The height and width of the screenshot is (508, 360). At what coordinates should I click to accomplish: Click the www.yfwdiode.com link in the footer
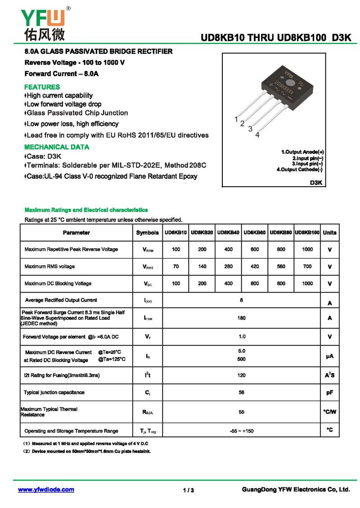[46, 490]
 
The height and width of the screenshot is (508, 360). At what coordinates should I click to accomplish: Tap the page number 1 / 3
[189, 490]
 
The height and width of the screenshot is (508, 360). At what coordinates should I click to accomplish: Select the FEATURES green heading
[42, 87]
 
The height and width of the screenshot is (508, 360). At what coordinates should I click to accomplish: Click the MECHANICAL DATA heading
[57, 147]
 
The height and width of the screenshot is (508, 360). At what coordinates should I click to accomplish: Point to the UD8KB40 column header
[228, 233]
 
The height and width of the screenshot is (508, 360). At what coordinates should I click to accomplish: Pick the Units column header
[329, 233]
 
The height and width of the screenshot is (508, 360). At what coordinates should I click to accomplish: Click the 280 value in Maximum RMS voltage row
[228, 267]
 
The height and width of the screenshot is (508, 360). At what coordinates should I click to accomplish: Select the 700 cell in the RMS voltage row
[307, 267]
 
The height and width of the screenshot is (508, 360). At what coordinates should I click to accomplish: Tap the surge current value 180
[242, 318]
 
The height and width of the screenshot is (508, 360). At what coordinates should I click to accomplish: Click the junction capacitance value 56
[242, 392]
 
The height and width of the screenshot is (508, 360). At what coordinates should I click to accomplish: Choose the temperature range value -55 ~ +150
[242, 431]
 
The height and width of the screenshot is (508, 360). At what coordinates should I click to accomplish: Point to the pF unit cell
[329, 392]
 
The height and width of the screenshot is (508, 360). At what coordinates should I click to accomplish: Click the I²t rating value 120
[242, 374]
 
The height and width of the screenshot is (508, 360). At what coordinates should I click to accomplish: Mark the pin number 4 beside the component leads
[257, 135]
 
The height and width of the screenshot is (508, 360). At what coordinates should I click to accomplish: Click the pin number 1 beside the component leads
[236, 119]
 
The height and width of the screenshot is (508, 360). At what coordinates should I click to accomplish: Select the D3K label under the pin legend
[316, 183]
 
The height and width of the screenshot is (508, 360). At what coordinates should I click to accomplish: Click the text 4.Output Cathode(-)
[300, 169]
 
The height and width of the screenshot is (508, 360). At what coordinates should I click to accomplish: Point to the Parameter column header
[76, 233]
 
